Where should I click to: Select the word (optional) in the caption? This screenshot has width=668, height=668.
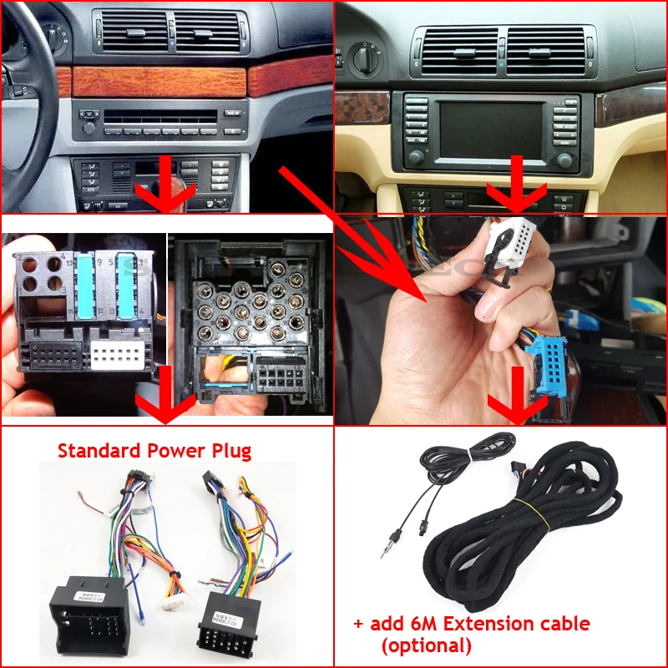click(426, 645)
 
